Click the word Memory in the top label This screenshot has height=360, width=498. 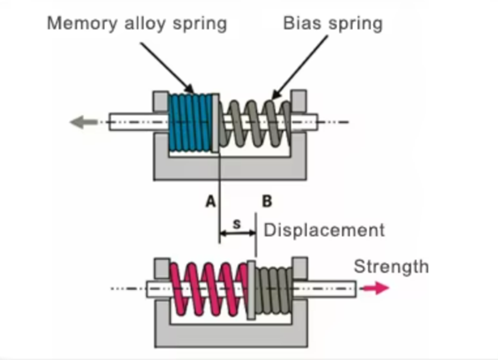83,24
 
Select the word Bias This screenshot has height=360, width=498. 302,23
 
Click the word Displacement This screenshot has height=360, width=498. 324,230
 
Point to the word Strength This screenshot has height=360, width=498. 391,267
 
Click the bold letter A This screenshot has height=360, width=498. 210,202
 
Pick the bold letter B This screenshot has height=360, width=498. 267,202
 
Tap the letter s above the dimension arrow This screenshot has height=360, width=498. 237,224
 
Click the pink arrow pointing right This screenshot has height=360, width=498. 375,288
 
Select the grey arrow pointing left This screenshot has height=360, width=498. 83,122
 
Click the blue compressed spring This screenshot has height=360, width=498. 190,122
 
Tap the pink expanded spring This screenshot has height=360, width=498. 209,289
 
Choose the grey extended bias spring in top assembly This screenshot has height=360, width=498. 254,123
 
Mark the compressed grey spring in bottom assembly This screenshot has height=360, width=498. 274,290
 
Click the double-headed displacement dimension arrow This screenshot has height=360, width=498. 238,233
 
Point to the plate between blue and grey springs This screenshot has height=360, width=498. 216,122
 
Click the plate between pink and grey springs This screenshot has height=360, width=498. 252,290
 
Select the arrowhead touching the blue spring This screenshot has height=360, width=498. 189,88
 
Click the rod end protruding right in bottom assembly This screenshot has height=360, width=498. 324,289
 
